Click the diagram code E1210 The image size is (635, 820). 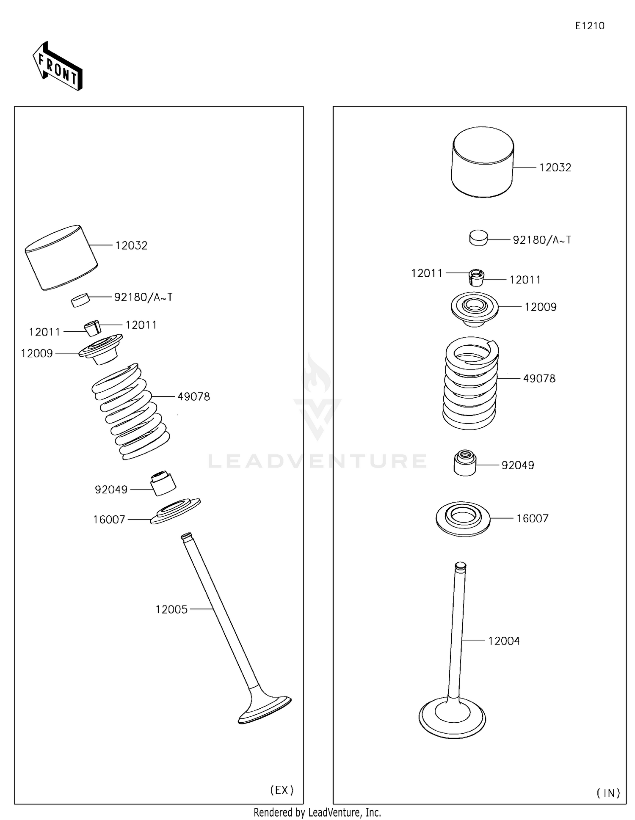pos(589,26)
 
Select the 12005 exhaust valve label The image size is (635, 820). pos(171,609)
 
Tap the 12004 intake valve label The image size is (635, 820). pos(503,641)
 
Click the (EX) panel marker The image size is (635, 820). pos(282,790)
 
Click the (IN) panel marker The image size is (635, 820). pos(608,793)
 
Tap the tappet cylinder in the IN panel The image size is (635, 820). pos(483,162)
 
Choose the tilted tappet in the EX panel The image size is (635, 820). pos(61,257)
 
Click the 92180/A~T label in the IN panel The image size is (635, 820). pos(542,240)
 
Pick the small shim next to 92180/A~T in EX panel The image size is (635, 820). pos(80,300)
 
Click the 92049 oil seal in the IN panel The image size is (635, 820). pos(465,463)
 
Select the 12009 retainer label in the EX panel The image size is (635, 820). pos(37,353)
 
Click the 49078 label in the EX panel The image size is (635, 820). pos(193,397)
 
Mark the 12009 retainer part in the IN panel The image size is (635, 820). pos(474,308)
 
